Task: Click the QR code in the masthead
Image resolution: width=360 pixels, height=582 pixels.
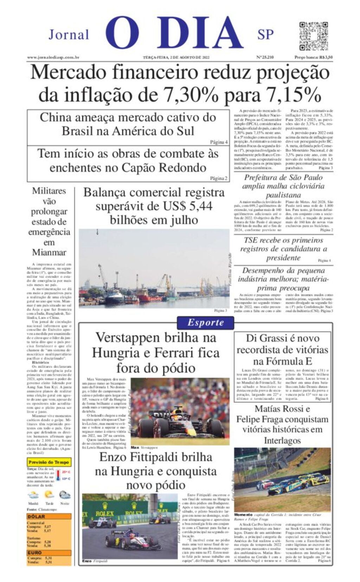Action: click(313, 36)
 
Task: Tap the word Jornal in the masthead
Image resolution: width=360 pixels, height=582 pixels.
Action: click(69, 35)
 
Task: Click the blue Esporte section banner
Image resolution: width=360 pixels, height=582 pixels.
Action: click(205, 323)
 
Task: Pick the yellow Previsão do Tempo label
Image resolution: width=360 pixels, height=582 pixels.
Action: click(49, 462)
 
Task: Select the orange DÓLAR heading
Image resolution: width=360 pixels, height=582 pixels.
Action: click(37, 516)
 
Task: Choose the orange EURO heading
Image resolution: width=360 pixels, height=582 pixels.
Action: click(35, 552)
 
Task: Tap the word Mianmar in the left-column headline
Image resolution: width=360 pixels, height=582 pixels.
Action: click(49, 252)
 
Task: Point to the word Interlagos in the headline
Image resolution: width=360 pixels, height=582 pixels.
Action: click(282, 440)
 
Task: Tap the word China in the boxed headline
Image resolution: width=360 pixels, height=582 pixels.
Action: click(56, 117)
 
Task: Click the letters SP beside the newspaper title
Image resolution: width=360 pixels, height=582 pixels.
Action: click(265, 35)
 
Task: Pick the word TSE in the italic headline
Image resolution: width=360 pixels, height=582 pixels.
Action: click(252, 240)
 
